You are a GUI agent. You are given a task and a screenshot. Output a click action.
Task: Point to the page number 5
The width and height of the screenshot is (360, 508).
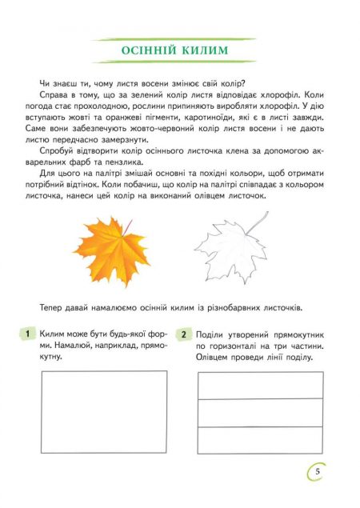click(318, 472)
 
